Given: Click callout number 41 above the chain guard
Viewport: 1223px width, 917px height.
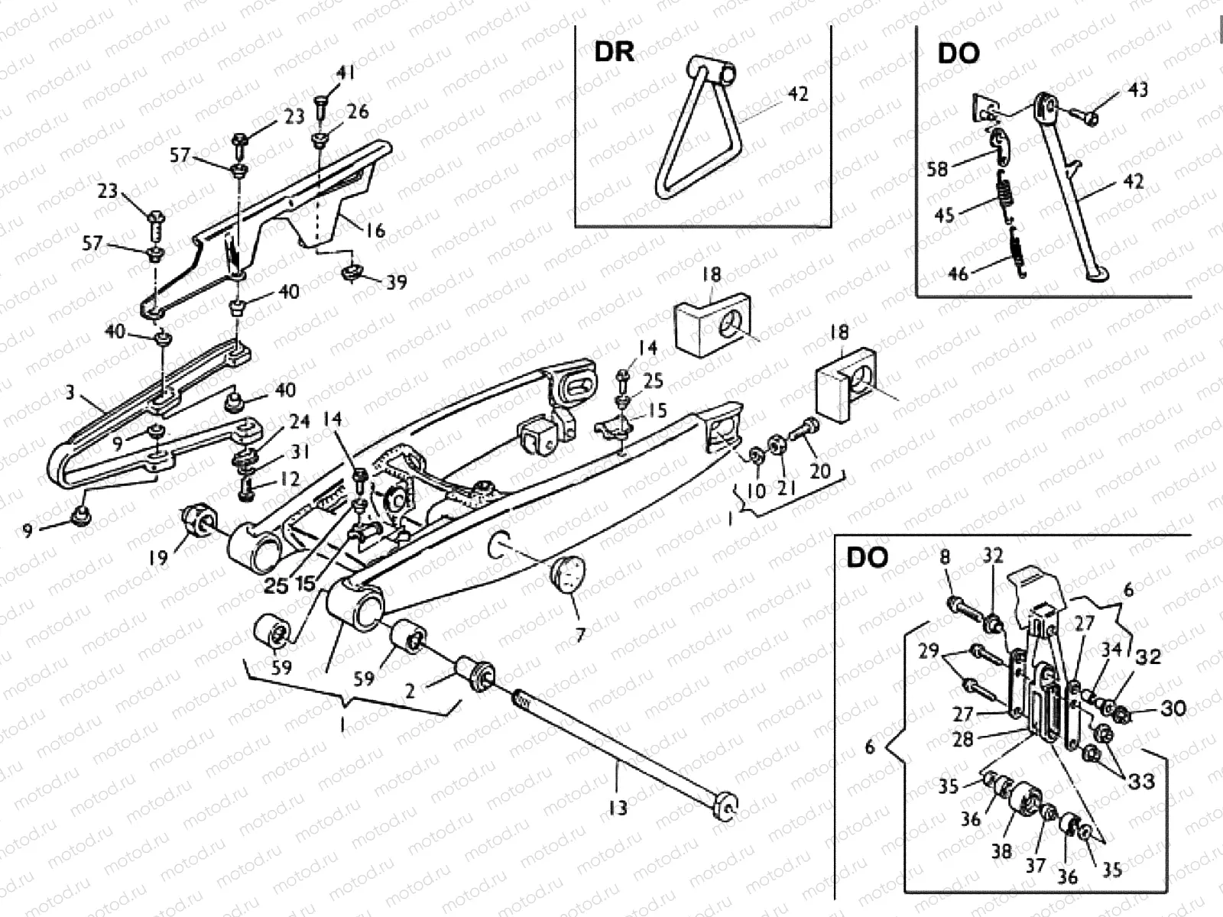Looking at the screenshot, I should (x=345, y=74).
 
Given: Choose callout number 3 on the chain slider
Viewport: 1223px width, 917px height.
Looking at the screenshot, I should (x=70, y=393).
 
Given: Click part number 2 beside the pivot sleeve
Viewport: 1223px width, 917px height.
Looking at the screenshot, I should (x=410, y=692).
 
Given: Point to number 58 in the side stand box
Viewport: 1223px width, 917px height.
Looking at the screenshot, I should (x=937, y=169).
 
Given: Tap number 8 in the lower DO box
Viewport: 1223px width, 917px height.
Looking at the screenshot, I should (x=945, y=557).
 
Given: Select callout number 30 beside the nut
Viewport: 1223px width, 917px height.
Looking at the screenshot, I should (x=1173, y=708).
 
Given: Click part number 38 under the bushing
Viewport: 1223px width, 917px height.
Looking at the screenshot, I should (x=1001, y=851).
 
